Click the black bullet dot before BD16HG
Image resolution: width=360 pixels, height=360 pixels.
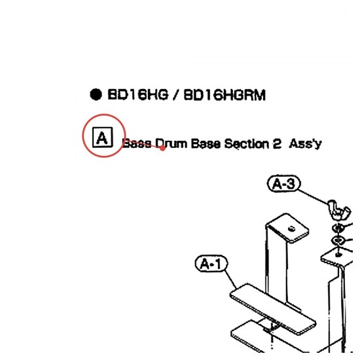click(x=96, y=94)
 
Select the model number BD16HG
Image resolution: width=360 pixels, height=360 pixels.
click(x=137, y=94)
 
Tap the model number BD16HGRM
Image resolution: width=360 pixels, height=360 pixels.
click(x=225, y=95)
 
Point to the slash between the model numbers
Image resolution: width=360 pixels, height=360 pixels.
click(x=176, y=95)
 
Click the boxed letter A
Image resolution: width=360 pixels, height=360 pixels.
click(x=102, y=137)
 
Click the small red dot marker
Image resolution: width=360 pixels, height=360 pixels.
click(x=162, y=148)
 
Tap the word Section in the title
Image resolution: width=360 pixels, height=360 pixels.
click(x=246, y=144)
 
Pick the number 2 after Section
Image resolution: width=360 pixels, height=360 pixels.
click(x=277, y=144)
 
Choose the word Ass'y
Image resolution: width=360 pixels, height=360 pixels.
click(x=305, y=144)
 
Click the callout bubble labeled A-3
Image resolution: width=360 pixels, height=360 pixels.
click(x=284, y=183)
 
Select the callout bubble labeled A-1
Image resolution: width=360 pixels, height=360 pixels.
click(x=211, y=263)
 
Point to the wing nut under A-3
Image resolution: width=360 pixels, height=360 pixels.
click(x=339, y=209)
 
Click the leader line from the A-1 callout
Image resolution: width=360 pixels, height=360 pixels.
click(x=230, y=279)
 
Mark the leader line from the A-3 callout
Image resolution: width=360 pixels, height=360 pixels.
click(x=314, y=196)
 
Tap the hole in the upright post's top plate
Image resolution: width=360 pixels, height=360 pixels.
click(x=291, y=228)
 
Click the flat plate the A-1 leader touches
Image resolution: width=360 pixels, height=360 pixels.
click(x=273, y=309)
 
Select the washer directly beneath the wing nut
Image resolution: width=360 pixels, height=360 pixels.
click(x=338, y=228)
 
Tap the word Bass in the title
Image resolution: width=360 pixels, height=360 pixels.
click(x=137, y=144)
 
